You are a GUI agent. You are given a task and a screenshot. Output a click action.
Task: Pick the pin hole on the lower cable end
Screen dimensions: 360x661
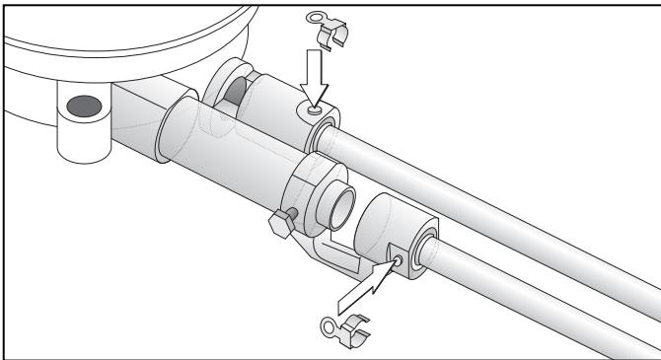tap(396, 261)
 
